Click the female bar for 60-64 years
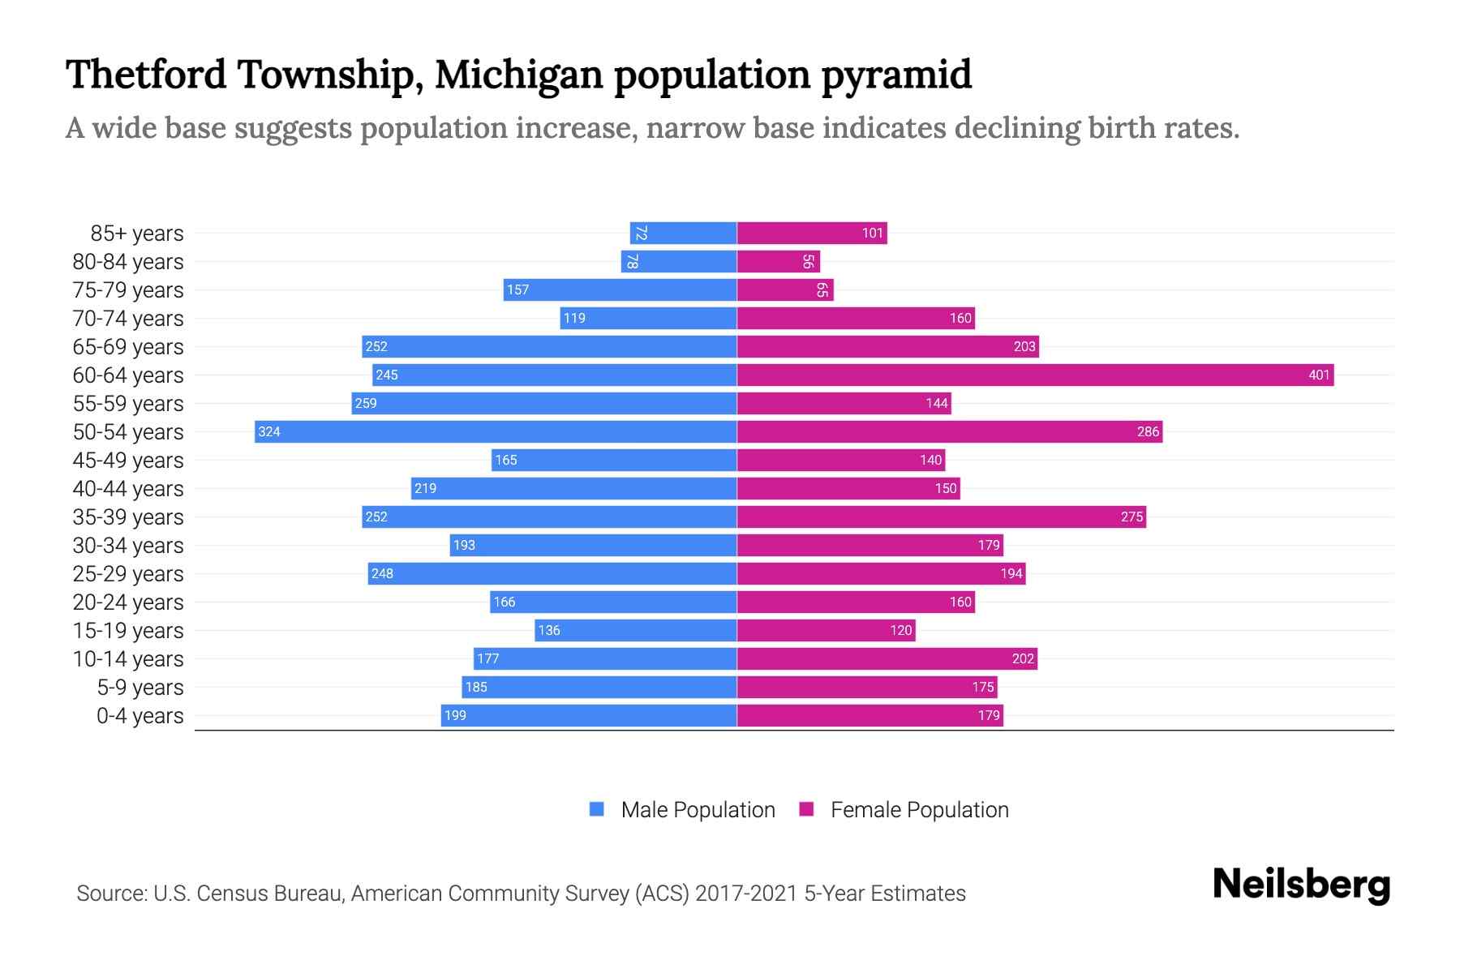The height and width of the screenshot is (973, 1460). point(1035,375)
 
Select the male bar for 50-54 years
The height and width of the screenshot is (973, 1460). point(496,431)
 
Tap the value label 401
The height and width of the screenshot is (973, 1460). point(1319,375)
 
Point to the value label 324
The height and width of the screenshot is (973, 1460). point(269,431)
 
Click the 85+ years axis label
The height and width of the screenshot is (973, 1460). point(136,234)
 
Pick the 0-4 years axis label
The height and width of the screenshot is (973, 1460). point(140,716)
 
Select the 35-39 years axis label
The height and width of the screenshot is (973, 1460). point(128,517)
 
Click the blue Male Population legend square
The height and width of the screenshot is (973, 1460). point(597,809)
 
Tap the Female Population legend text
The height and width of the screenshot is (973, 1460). point(919,810)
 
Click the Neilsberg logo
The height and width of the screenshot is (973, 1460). point(1301,885)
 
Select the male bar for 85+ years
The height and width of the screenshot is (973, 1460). point(683,234)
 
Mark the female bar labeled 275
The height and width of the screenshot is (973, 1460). point(941,517)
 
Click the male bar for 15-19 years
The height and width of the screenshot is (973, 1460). point(636,630)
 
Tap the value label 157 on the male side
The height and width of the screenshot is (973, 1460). point(517,290)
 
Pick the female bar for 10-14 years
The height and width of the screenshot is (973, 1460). point(887,658)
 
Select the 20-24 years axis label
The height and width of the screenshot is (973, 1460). point(128,602)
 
